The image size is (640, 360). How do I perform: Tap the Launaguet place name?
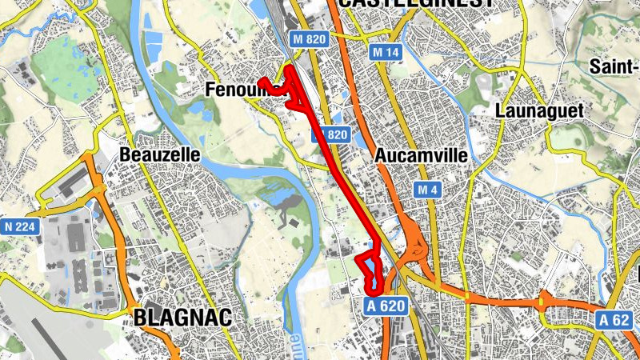[x=539, y=110]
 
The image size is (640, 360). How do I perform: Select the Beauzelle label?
[x=158, y=154]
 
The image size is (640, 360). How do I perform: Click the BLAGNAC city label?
[x=183, y=318]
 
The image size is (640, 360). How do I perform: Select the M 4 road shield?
[x=427, y=190]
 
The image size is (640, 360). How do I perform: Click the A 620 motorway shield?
[x=387, y=305]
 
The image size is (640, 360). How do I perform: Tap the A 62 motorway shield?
[x=614, y=320]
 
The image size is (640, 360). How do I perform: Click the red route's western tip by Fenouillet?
[x=261, y=80]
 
